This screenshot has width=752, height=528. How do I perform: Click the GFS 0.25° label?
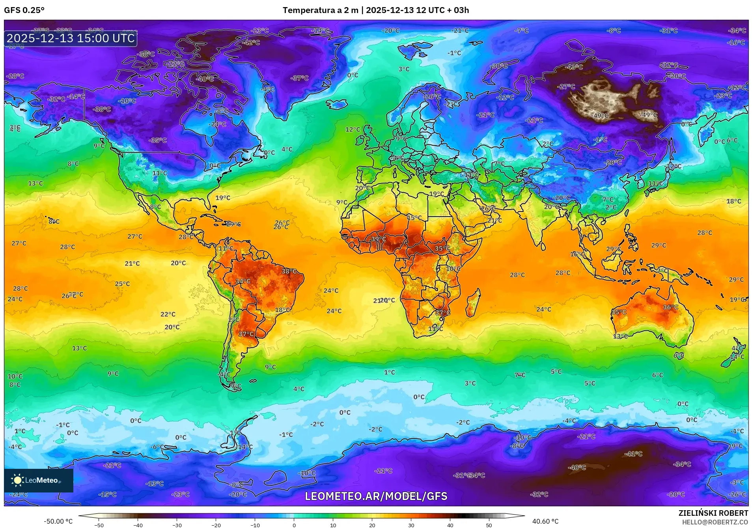pyautogui.click(x=24, y=10)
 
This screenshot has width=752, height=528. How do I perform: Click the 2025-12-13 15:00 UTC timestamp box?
pyautogui.click(x=71, y=38)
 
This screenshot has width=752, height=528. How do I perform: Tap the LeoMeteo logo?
pyautogui.click(x=38, y=480)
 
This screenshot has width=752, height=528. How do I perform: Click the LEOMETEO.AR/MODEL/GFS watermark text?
pyautogui.click(x=376, y=496)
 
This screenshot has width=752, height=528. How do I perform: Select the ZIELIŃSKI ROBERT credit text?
pyautogui.click(x=713, y=513)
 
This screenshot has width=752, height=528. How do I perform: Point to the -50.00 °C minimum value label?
pyautogui.click(x=58, y=521)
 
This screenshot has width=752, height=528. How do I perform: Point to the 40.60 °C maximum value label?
pyautogui.click(x=545, y=521)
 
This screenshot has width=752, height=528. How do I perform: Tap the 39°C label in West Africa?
pyautogui.click(x=378, y=239)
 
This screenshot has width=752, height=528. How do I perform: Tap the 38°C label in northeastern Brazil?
pyautogui.click(x=289, y=271)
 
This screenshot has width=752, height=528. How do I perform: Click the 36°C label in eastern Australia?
pyautogui.click(x=670, y=307)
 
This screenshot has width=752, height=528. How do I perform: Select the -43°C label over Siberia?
pyautogui.click(x=575, y=67)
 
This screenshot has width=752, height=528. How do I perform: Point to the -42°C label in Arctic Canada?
pyautogui.click(x=252, y=43)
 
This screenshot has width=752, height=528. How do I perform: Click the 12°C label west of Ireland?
pyautogui.click(x=353, y=129)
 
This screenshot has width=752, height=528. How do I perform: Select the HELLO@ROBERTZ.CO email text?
pyautogui.click(x=715, y=522)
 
